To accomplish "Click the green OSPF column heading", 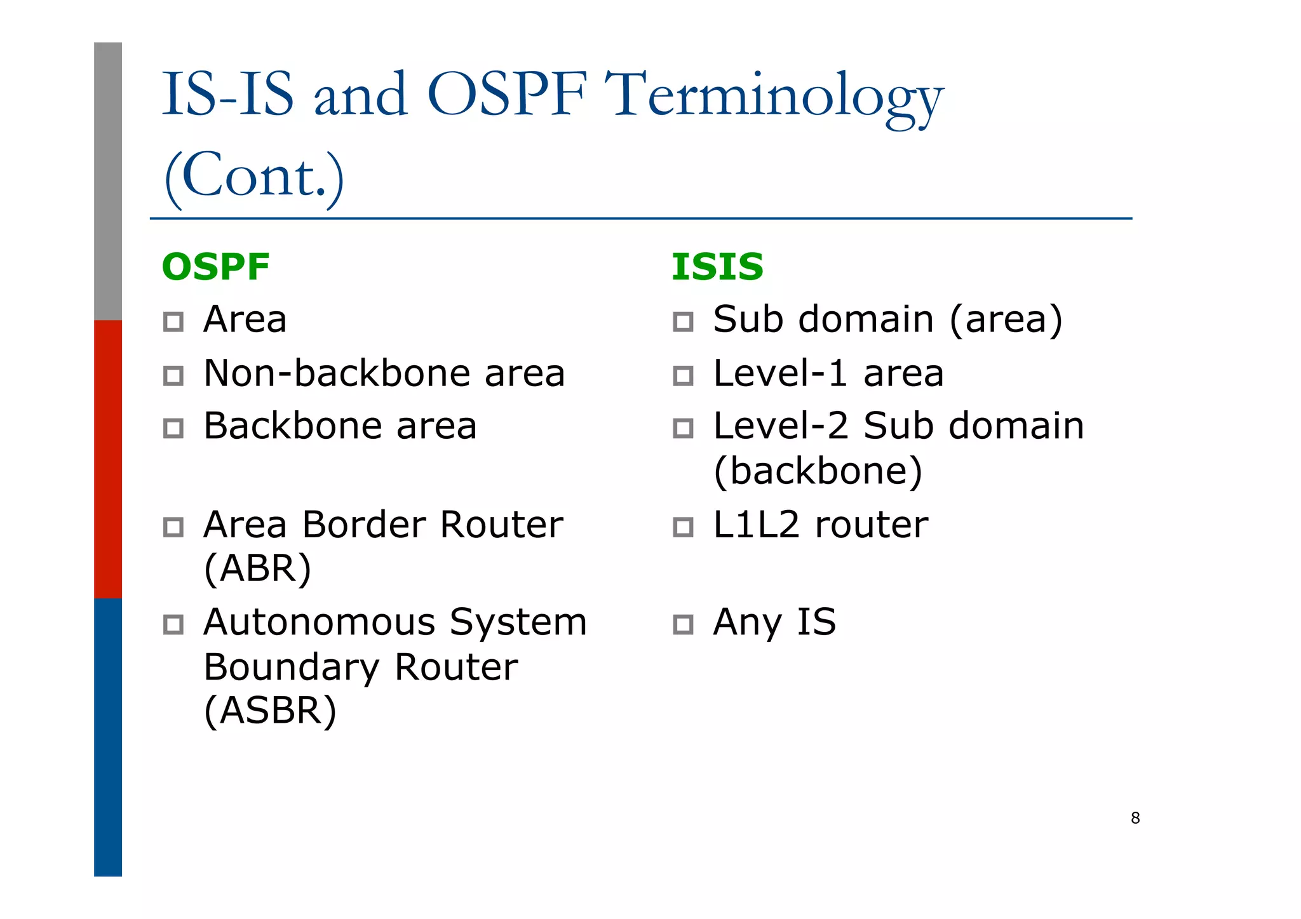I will coord(216,267).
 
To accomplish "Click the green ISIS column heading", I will coord(717,267).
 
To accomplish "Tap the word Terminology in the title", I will coord(774,97).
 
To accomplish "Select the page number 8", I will coord(1135,818).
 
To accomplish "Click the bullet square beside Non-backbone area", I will coord(173,375).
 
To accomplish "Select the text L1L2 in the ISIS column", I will coord(756,525).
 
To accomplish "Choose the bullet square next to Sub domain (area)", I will coord(683,321).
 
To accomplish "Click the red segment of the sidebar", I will coord(108,459).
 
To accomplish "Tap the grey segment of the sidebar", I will coord(108,181).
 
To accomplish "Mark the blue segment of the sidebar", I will coord(108,737).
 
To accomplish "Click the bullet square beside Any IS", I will coord(683,624).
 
